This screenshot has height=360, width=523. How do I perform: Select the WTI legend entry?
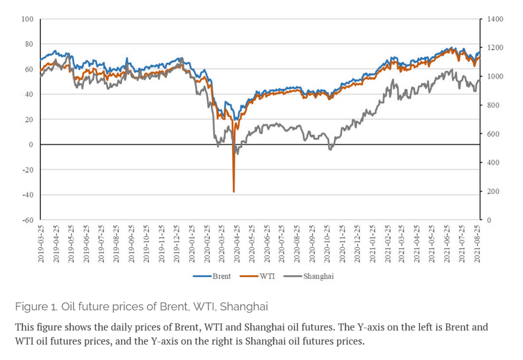point(257,276)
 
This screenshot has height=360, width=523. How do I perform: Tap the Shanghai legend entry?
point(308,276)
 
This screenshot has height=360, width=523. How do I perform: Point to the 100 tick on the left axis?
point(28,19)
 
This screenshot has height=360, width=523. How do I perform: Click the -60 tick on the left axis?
point(28,220)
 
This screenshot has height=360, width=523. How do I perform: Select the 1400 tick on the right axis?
point(495,19)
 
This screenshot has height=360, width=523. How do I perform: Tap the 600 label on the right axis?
point(493,134)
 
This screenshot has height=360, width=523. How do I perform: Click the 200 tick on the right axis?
point(493,192)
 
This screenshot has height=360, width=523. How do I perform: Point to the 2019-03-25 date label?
point(41,244)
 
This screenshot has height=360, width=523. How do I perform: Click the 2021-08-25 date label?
point(477,244)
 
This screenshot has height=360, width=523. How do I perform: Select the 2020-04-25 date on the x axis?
point(236,244)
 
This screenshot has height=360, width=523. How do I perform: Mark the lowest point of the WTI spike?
point(234,192)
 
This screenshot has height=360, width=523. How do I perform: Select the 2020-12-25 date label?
point(357,244)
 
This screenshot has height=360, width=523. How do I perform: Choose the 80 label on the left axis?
point(29,44)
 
